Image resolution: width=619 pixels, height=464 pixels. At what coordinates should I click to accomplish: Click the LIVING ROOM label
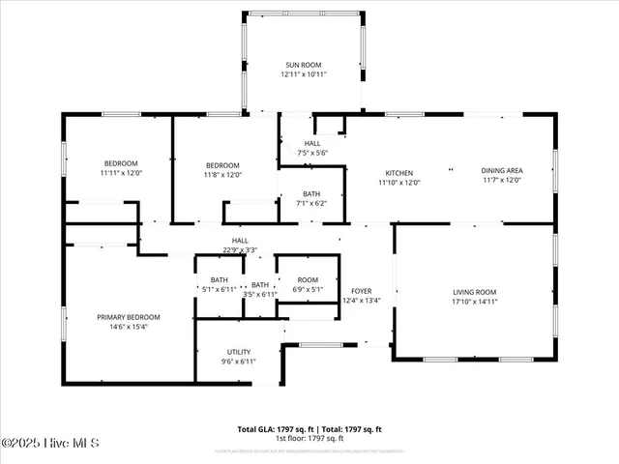click(x=475, y=291)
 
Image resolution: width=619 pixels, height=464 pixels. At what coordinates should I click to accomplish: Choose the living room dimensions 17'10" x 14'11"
click(x=475, y=302)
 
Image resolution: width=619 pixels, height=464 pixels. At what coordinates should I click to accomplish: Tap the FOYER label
click(x=362, y=290)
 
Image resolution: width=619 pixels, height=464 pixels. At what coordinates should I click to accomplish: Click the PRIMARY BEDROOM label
click(x=128, y=317)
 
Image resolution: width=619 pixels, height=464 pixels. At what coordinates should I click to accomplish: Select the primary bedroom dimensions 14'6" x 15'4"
click(x=128, y=328)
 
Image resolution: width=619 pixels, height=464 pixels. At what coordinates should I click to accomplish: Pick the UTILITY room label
click(x=239, y=352)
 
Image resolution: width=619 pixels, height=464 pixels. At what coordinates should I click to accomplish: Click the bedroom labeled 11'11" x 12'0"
click(x=121, y=163)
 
